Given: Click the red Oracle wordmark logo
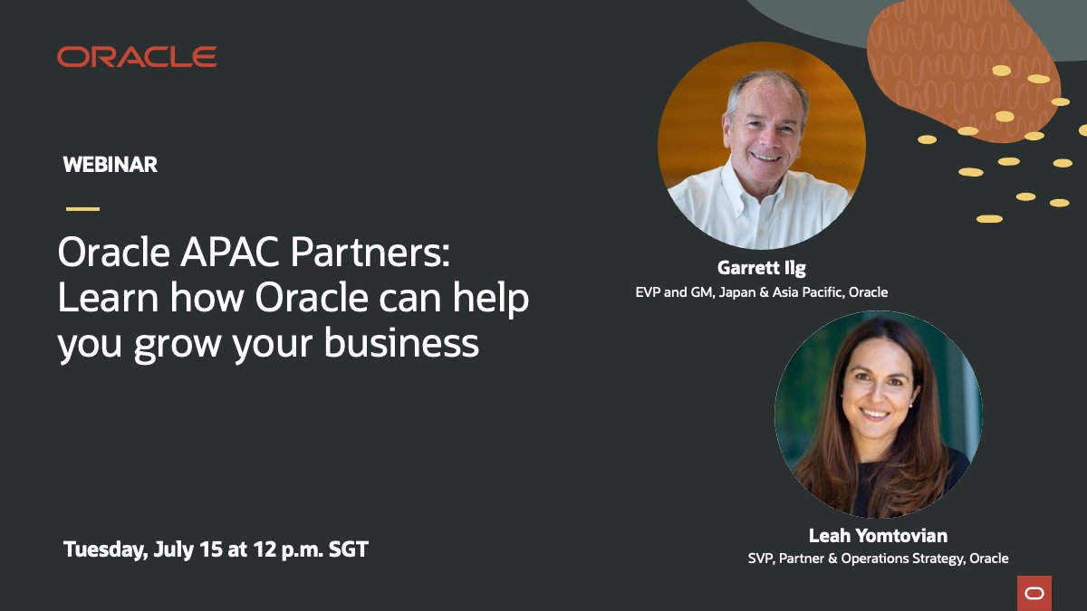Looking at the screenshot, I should (137, 57).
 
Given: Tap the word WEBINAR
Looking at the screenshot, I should (111, 165).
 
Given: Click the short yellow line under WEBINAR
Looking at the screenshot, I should (82, 209).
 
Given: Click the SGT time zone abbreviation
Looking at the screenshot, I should (346, 549).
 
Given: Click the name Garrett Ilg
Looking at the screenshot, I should (762, 268).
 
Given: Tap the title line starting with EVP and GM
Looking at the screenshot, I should (762, 292).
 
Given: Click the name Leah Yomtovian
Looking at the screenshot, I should (878, 536).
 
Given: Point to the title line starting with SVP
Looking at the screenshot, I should (878, 558).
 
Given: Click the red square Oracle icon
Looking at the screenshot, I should (1034, 593).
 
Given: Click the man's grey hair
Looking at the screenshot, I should (766, 81).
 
